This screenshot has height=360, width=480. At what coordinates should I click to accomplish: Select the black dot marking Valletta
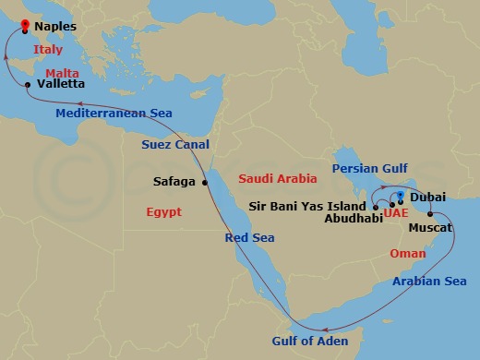coord(30,85)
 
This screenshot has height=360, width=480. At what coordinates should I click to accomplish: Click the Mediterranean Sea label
coord(114,113)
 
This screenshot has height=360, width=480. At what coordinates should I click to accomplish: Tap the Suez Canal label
coord(175,145)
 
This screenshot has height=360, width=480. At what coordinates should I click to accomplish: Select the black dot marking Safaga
coord(205,182)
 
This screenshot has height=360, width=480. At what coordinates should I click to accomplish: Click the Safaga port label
coord(174,182)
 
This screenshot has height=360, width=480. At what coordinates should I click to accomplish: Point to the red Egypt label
coord(164,212)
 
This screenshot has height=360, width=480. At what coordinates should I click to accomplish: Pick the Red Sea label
coord(250,237)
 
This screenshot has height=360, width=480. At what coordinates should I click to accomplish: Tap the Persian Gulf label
coord(369,169)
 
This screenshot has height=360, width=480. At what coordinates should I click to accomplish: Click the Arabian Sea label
coord(429,281)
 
